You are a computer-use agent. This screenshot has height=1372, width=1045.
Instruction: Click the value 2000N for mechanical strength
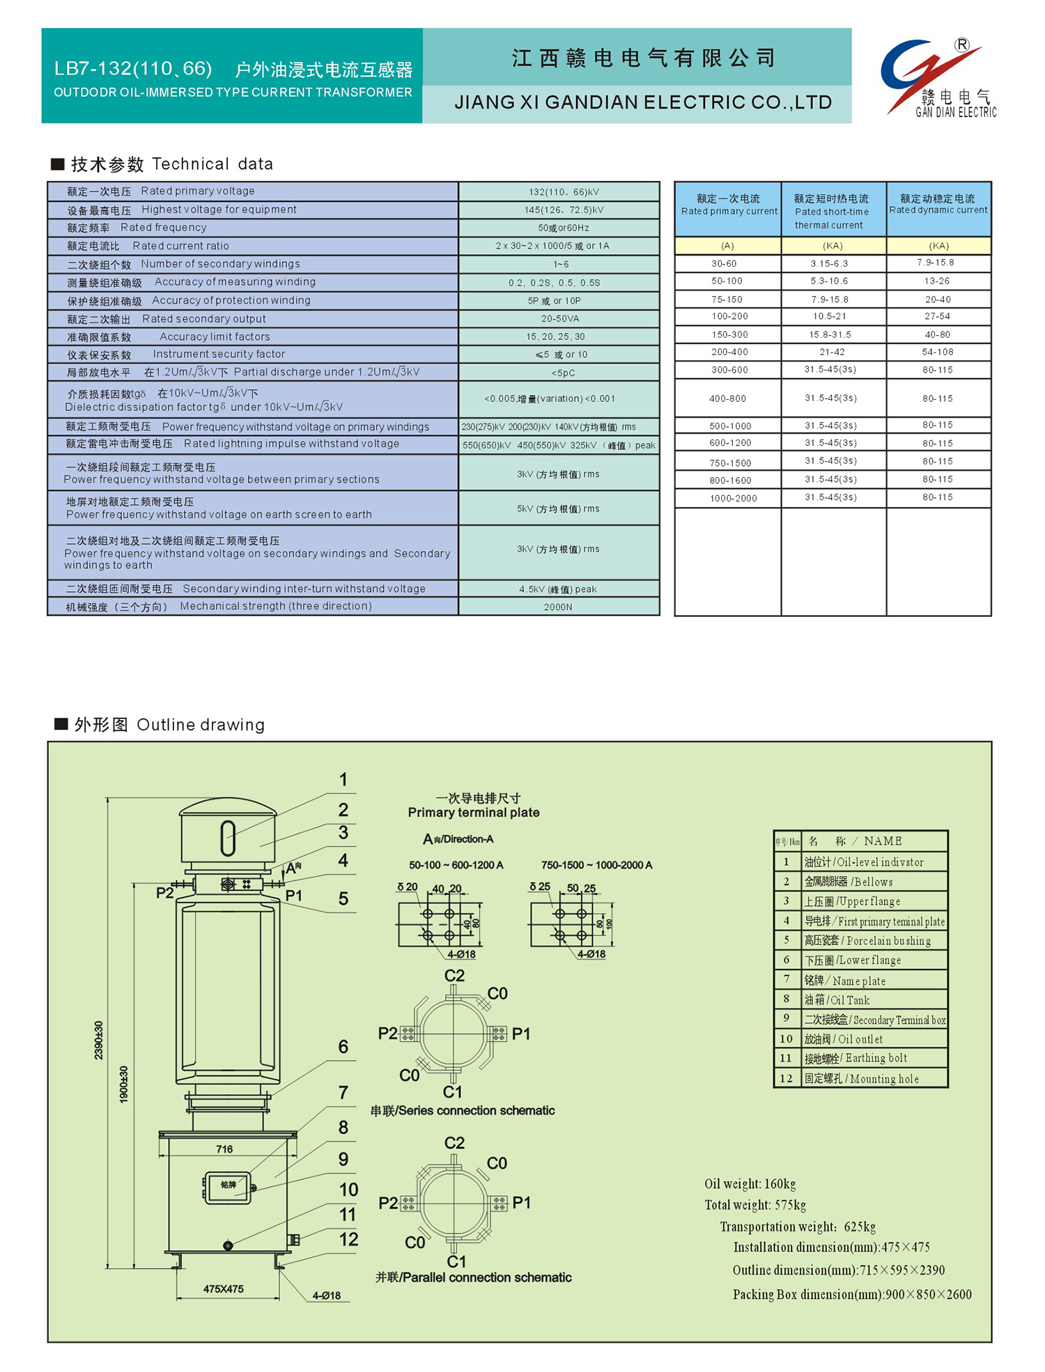pos(557,607)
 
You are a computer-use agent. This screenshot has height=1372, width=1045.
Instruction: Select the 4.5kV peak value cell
pos(557,589)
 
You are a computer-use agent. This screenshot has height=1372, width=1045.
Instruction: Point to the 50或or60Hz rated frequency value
pos(563,228)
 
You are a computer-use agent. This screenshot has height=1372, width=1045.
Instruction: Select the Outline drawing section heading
pos(169,725)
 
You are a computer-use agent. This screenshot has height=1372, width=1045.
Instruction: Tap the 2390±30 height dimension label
pos(98,1040)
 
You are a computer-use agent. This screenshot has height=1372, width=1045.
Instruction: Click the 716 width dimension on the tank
pos(224,1149)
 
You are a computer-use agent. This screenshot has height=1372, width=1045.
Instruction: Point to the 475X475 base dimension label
pos(223,1289)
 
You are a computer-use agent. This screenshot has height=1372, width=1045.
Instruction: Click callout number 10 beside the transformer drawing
pos(348,1190)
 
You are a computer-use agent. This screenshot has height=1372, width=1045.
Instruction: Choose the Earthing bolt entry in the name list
pos(856,1059)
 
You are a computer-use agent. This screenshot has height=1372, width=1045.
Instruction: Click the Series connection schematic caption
pos(462,1111)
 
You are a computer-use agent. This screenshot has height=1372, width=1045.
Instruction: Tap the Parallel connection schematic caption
pos(473,1277)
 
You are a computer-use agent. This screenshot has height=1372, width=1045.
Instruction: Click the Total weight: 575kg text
pos(754,1205)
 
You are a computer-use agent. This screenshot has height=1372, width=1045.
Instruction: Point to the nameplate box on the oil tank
pos(228,1187)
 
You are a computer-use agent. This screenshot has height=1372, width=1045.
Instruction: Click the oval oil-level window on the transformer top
pos(227,838)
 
